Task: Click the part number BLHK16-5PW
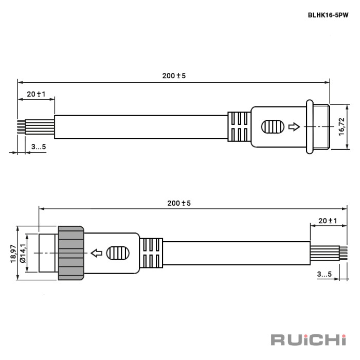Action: (x=328, y=15)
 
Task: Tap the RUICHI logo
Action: (x=309, y=340)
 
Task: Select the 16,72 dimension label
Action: (x=341, y=127)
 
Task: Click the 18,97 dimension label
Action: (x=13, y=254)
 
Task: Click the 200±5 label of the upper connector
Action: (x=174, y=76)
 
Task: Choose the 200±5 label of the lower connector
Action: (x=179, y=203)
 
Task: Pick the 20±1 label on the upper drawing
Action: (x=36, y=94)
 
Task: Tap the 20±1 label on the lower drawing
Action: (x=328, y=221)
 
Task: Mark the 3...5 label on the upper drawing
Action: (x=39, y=147)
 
